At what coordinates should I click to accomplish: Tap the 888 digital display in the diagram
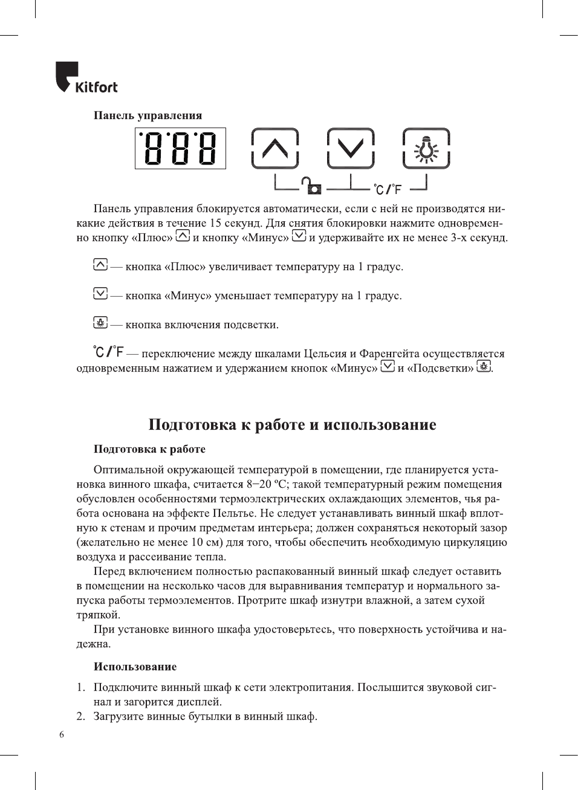(x=180, y=148)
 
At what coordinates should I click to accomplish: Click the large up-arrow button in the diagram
(x=275, y=148)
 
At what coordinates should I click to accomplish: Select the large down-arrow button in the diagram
(x=351, y=148)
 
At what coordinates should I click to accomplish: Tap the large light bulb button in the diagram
(x=426, y=148)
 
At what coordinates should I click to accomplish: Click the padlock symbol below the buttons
(x=313, y=186)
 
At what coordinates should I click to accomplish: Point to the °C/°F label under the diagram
(x=388, y=189)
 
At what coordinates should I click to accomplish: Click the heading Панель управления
(x=148, y=115)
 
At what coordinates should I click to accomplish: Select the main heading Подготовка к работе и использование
(x=292, y=424)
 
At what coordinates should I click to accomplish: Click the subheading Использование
(x=135, y=667)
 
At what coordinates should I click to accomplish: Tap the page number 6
(x=62, y=734)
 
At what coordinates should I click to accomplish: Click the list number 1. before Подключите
(x=80, y=687)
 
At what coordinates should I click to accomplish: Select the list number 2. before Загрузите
(x=80, y=716)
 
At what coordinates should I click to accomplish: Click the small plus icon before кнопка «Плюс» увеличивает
(x=100, y=265)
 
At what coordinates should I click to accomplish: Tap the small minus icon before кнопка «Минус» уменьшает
(x=100, y=294)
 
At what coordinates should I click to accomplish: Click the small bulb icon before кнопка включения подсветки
(x=100, y=323)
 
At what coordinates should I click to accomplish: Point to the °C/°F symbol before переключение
(x=108, y=351)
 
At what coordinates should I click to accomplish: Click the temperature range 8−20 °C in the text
(x=267, y=484)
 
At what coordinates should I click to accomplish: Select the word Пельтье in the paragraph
(x=234, y=513)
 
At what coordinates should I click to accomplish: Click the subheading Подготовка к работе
(x=149, y=449)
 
